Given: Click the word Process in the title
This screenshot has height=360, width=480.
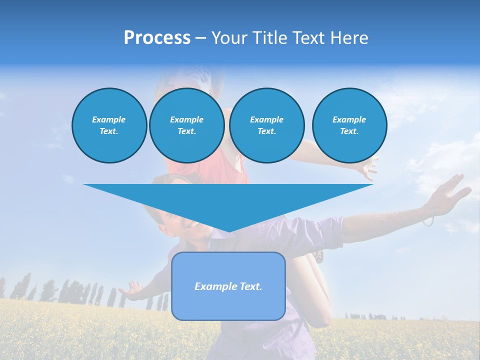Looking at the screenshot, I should point(157,38).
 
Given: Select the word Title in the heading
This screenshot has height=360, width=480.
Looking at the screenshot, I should point(272,38).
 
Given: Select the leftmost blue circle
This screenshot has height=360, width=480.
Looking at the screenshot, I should point(109,125).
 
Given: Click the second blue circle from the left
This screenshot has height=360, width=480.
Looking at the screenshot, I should point(186,125).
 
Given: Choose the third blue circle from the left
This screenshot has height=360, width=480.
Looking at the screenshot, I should point(266,125).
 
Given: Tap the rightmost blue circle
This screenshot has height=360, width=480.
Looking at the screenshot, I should point(349,125).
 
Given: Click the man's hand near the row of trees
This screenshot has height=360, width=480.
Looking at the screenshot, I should point(132,290).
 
